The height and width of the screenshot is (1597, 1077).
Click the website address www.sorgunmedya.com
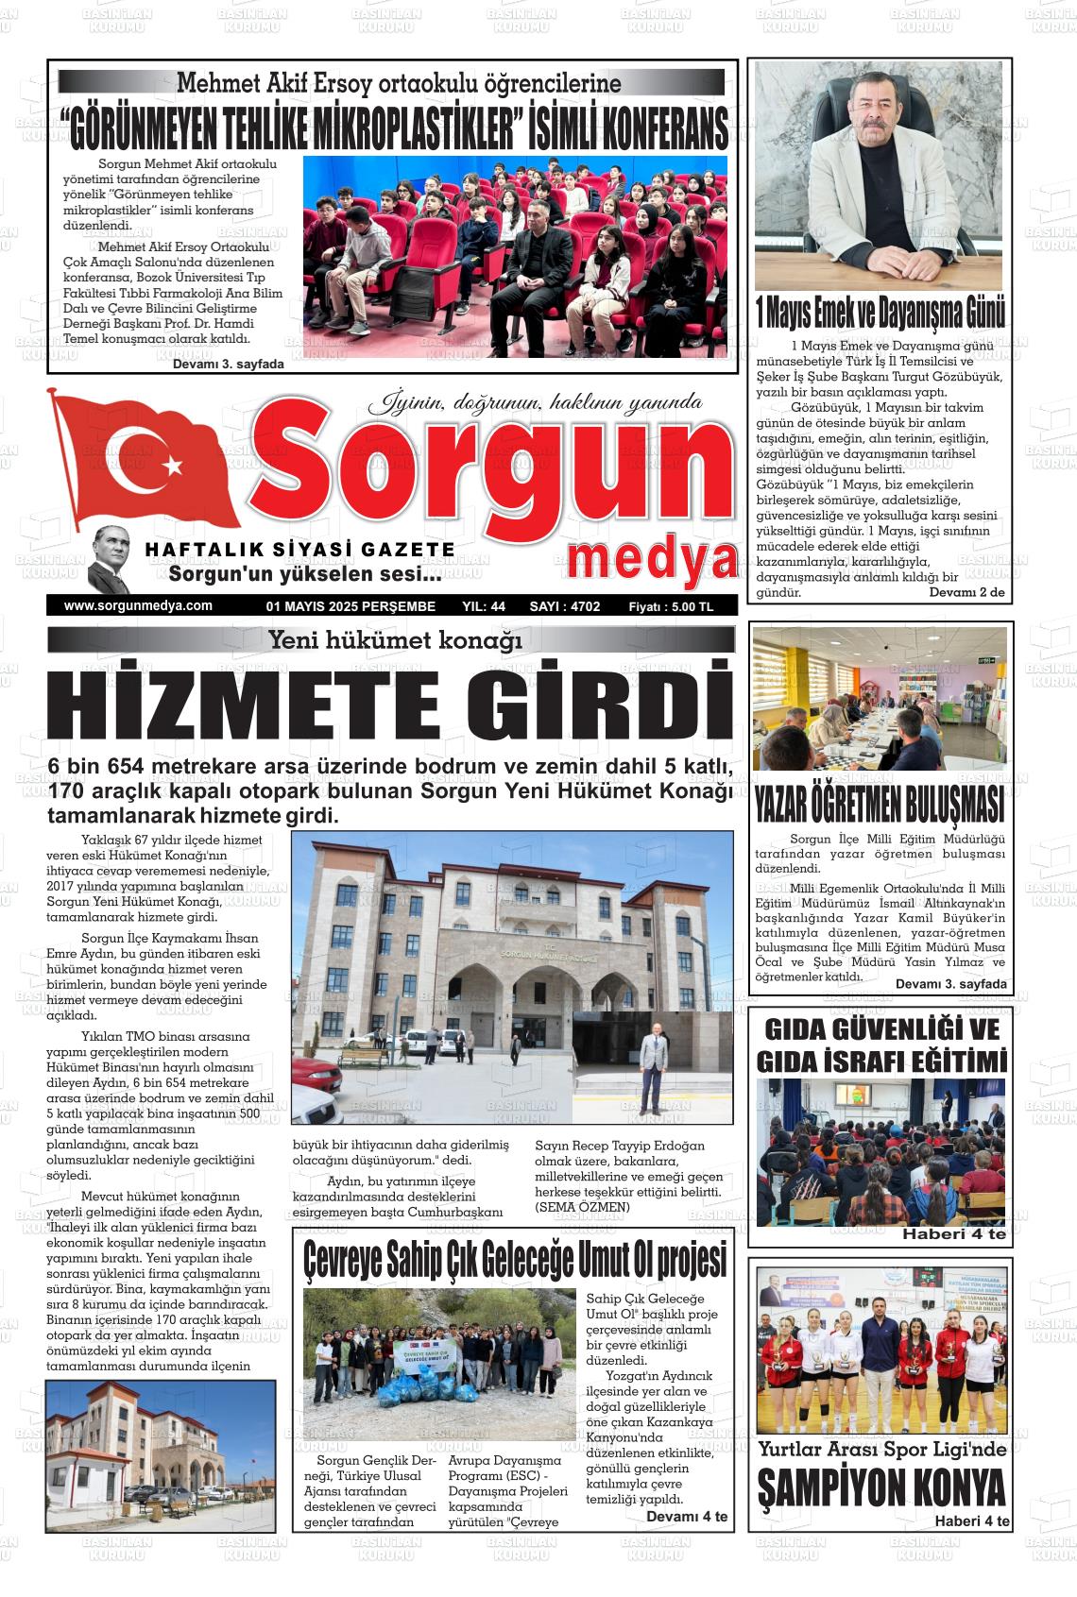(138, 606)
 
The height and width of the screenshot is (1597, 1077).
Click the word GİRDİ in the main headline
(560, 706)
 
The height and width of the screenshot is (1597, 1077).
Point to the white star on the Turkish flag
(173, 464)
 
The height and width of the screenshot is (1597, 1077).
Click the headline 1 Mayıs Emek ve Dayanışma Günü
(880, 313)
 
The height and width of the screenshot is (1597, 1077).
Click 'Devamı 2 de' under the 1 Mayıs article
(966, 593)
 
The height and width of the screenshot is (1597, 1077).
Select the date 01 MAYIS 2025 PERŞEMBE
(350, 607)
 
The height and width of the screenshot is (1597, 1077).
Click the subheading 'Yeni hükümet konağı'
(395, 640)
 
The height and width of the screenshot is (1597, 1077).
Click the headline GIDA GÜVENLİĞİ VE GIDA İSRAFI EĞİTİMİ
(880, 1044)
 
